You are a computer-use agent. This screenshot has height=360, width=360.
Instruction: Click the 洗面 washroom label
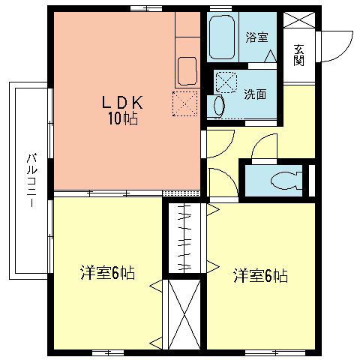[x=255, y=94]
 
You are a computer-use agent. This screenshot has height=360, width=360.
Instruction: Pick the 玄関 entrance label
[x=298, y=54]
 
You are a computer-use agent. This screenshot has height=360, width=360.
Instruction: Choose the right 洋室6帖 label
[x=259, y=276]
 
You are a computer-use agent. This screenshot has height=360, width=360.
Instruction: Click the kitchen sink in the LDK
[x=187, y=72]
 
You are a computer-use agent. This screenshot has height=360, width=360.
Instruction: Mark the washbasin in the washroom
[x=218, y=106]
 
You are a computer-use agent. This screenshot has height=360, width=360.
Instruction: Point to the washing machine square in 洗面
[x=227, y=80]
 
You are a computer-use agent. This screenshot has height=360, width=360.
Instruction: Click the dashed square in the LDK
[x=184, y=103]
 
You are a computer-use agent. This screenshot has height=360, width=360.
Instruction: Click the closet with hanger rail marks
[x=184, y=236]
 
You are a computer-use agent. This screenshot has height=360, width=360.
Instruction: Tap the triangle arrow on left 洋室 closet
[x=156, y=285]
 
